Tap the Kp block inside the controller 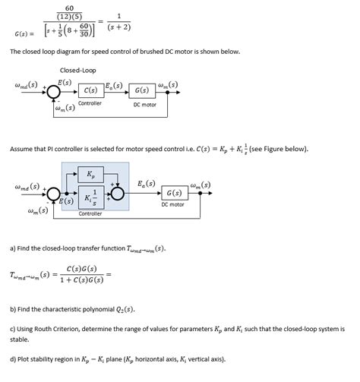point(91,173)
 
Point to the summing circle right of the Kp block point(118,193)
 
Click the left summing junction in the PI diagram point(54,194)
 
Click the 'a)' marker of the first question point(13,248)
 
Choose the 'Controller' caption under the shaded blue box point(90,214)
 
